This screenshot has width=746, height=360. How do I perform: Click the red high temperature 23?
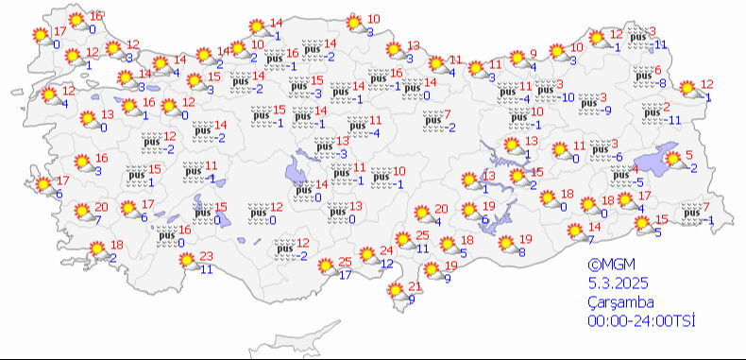tap(208, 256)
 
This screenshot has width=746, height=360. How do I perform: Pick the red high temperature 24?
tap(385, 250)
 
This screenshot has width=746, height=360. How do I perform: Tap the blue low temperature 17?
tap(346, 275)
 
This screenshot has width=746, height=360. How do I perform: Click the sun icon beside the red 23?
tap(188, 261)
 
